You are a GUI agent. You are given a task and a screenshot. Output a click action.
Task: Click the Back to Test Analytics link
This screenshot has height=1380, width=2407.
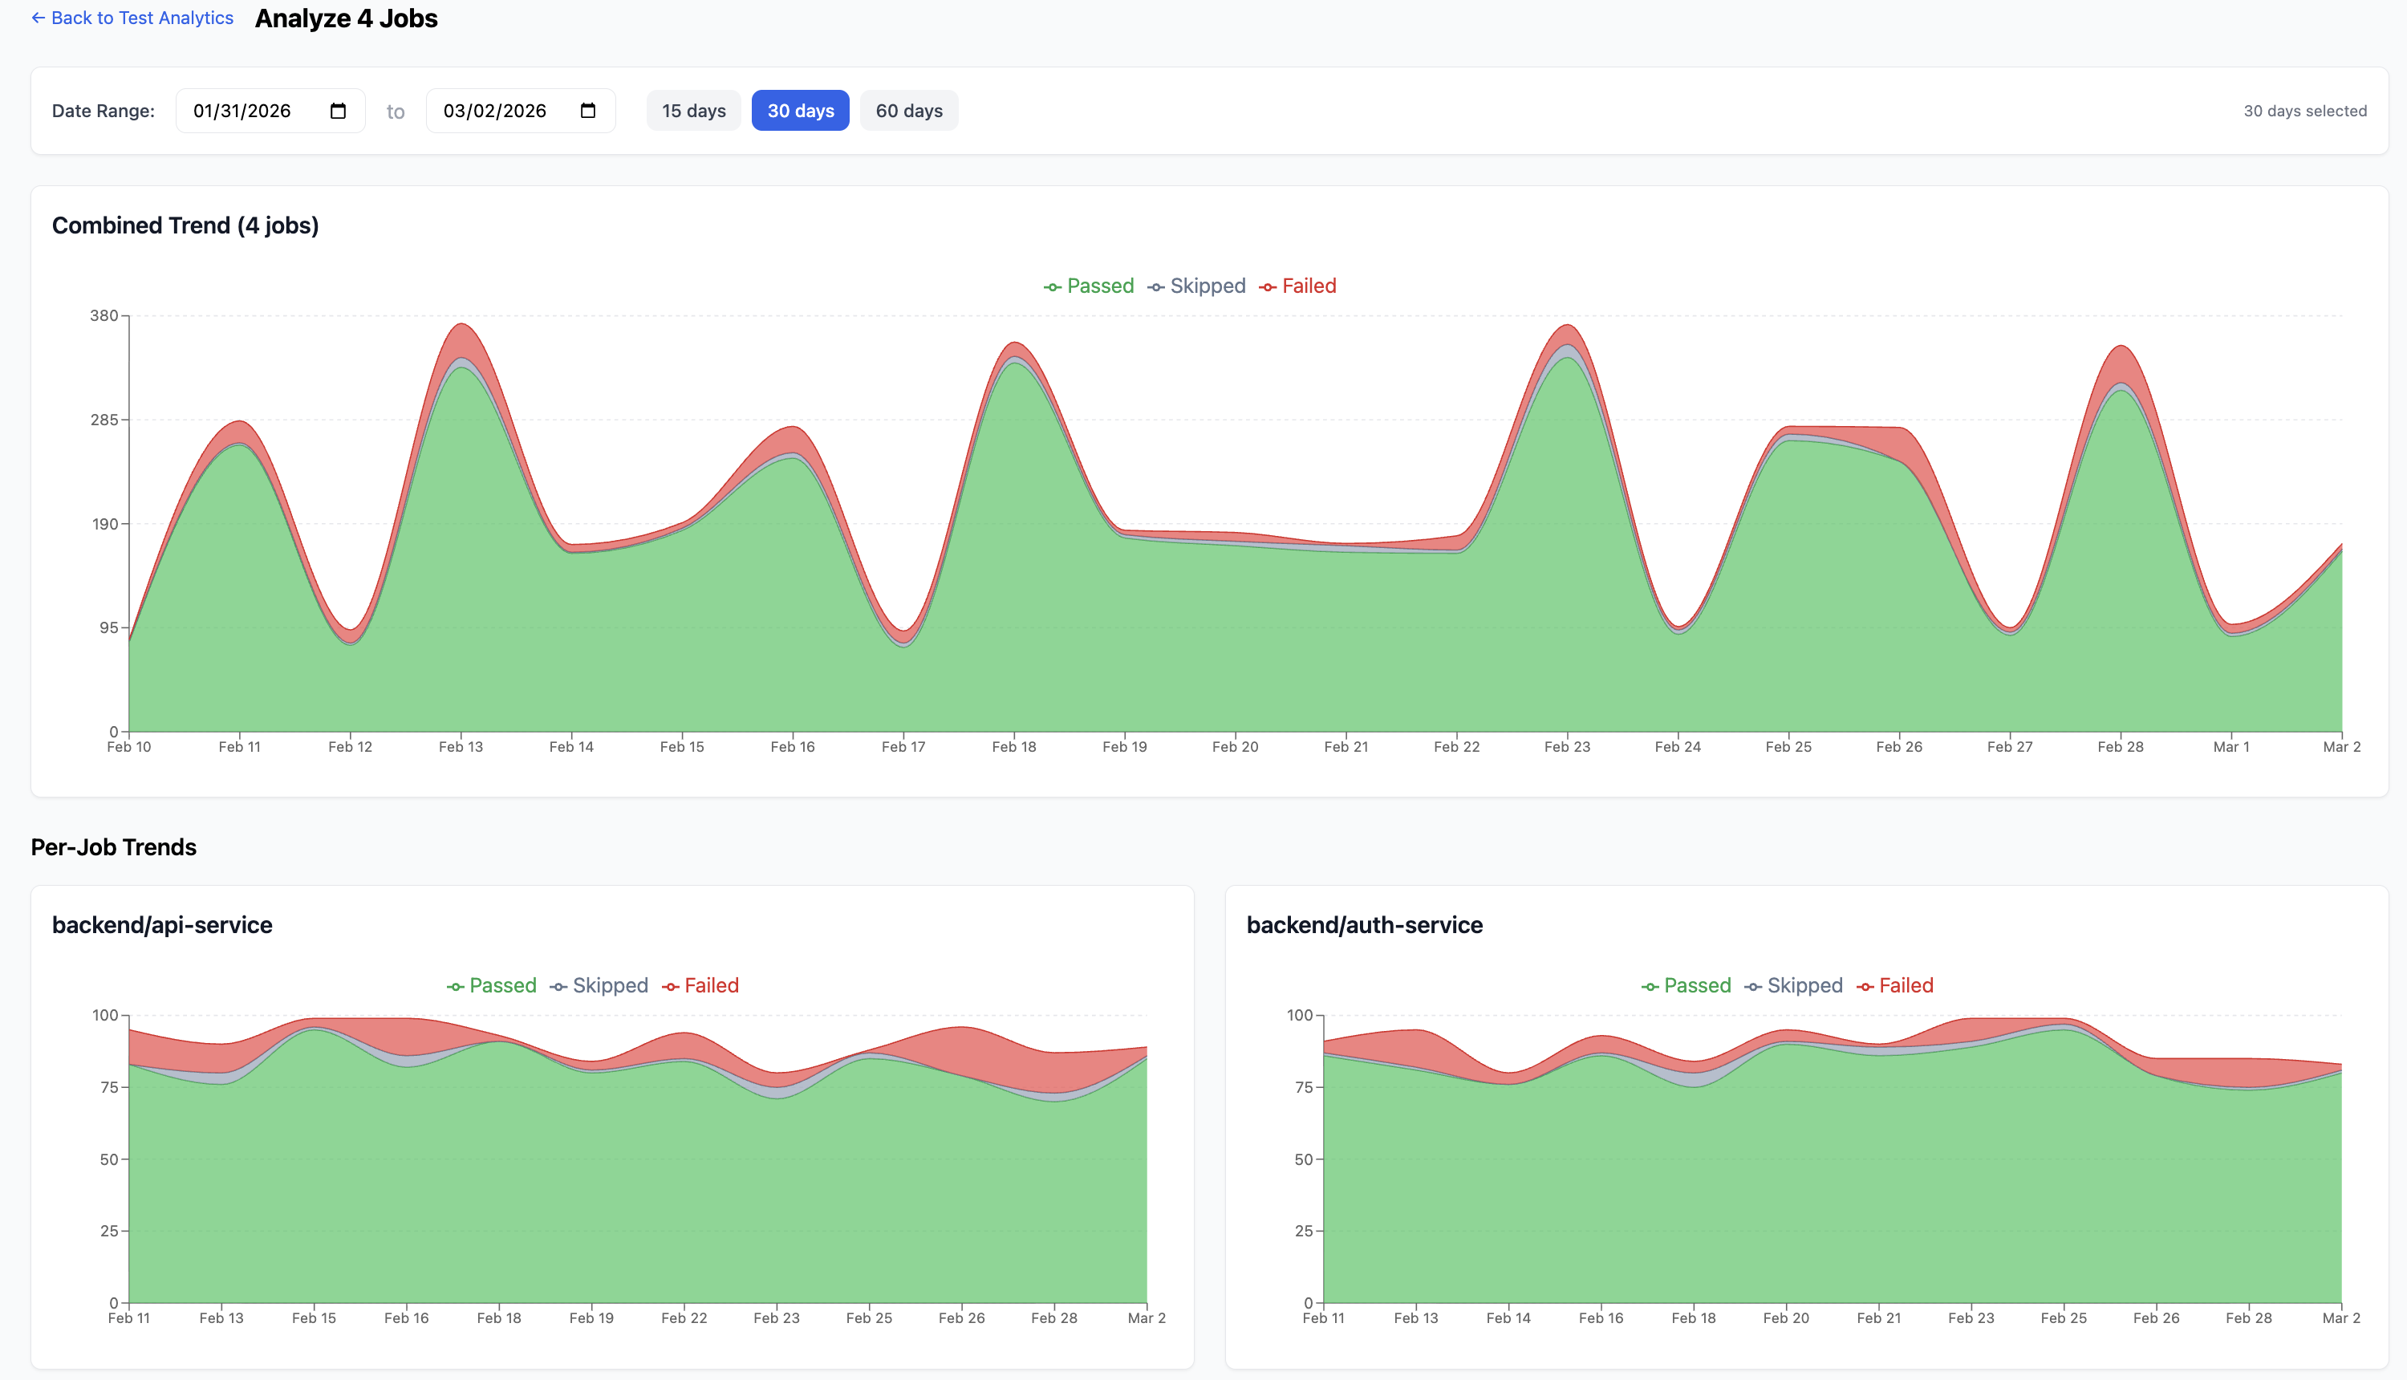[132, 18]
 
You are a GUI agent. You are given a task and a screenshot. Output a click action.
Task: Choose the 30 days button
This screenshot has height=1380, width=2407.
[800, 111]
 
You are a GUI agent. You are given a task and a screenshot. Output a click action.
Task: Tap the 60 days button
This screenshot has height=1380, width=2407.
[909, 111]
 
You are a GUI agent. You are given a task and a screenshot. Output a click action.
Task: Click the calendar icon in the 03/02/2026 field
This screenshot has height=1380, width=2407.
[588, 111]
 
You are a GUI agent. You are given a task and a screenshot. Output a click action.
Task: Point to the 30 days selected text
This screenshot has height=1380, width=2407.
[2304, 111]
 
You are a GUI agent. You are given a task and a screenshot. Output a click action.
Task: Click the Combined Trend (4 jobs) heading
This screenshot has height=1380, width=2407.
[185, 225]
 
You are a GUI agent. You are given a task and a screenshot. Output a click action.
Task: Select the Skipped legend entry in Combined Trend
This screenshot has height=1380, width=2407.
[1197, 286]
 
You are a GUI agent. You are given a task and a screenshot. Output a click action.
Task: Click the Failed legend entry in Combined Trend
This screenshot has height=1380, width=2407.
[1298, 286]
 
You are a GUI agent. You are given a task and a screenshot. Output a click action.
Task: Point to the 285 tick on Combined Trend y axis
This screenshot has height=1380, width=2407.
[104, 420]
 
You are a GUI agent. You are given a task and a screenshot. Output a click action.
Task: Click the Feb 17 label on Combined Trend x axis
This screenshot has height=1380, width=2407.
[903, 747]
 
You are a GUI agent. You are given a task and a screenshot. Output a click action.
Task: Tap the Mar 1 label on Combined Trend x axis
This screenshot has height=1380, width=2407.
[2230, 747]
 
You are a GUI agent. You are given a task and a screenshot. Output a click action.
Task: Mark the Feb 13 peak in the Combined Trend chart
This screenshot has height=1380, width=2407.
[461, 325]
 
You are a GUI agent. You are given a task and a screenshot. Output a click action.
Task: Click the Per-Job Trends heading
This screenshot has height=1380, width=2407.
[114, 847]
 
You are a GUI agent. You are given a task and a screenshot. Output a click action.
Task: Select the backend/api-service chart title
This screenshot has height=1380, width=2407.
[162, 925]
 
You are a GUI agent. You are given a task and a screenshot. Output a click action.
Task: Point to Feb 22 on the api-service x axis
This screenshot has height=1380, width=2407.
[684, 1317]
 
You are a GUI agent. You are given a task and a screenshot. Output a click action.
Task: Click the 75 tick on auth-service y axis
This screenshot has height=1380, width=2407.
[1303, 1087]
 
